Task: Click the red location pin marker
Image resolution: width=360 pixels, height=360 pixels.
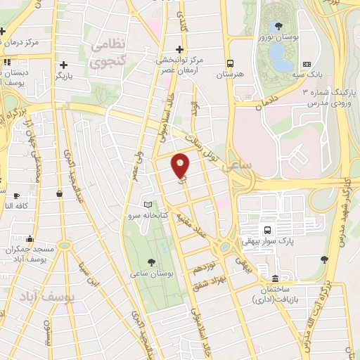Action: point(181,165)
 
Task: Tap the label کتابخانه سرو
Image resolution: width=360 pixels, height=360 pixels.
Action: point(146,215)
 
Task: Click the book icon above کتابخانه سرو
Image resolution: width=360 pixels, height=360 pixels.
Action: point(147,205)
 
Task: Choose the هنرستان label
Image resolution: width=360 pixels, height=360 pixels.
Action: point(229,74)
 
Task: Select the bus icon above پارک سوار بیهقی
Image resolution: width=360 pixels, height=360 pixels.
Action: point(267,230)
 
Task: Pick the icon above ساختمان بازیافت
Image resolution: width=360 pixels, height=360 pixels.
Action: point(274,279)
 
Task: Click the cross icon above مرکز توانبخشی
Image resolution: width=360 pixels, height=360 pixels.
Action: point(180,49)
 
